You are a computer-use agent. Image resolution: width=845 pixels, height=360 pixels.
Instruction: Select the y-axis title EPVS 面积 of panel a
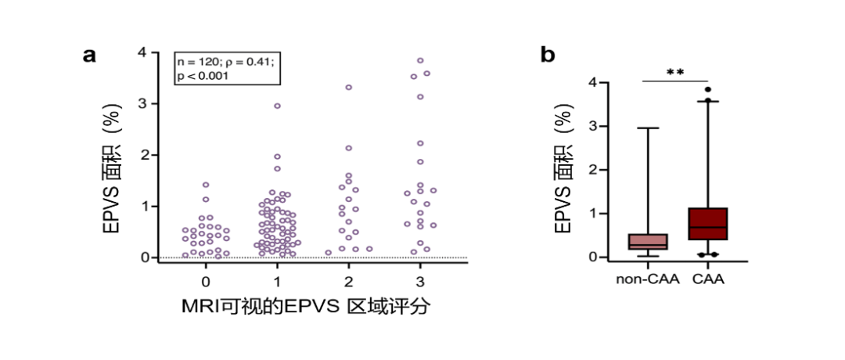point(113,182)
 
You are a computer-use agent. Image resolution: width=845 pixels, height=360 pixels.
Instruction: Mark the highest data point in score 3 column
point(420,60)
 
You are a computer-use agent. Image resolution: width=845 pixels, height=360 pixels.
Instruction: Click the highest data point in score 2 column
point(349,88)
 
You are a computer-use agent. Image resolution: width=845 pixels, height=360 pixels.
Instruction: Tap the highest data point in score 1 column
point(277,106)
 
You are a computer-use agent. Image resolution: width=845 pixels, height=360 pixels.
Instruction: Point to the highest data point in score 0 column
point(206,185)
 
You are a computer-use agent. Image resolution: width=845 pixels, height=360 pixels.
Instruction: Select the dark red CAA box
point(708,224)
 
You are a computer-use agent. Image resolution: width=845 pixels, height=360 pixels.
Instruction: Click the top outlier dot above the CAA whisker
point(708,89)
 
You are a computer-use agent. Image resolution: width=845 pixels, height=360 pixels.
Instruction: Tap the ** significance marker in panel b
point(675,73)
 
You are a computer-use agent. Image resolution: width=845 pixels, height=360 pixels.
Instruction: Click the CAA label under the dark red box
point(708,279)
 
